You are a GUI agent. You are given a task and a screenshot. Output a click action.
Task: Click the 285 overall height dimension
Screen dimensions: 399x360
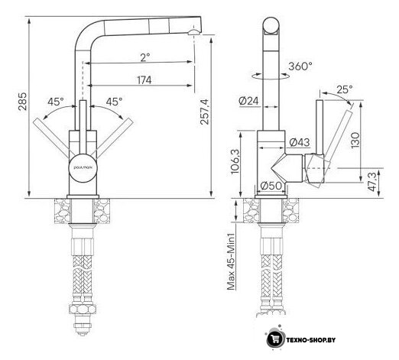tap(22, 101)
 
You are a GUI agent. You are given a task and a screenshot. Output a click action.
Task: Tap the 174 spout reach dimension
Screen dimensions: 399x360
tap(144, 80)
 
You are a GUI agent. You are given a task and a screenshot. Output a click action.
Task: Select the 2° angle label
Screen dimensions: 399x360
tap(145, 57)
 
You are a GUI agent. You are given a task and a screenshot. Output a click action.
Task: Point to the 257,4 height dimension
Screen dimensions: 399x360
tap(204, 112)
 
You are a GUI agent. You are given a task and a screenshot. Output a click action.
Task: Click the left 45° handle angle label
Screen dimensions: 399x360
tap(56, 102)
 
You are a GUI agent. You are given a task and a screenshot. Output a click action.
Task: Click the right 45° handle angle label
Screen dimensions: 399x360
tap(114, 102)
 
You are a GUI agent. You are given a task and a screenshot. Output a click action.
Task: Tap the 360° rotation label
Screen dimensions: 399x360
tap(300, 66)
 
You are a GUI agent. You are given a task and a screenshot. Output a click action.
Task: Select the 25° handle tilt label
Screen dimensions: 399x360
tap(345, 89)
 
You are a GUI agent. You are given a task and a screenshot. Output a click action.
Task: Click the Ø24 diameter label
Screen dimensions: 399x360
tap(248, 101)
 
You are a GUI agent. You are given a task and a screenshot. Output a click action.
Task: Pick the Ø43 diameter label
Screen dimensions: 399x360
tap(300, 142)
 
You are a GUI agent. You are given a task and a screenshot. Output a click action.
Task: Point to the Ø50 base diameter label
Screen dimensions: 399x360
tap(271, 186)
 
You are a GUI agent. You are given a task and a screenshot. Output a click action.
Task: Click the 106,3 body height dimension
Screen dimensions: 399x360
tap(235, 161)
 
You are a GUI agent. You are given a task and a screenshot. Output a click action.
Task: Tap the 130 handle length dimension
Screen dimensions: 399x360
tap(355, 140)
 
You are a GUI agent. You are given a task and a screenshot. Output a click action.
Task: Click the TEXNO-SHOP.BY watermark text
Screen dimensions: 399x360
tap(311, 340)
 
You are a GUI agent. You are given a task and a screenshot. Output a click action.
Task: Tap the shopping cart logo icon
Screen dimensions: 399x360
tap(275, 339)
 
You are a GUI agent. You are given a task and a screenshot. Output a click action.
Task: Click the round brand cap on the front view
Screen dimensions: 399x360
tap(83, 167)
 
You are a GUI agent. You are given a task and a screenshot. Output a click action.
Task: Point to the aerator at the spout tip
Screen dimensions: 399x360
tap(194, 32)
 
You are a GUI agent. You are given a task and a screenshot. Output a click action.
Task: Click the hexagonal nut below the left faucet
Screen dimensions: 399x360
tap(83, 309)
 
